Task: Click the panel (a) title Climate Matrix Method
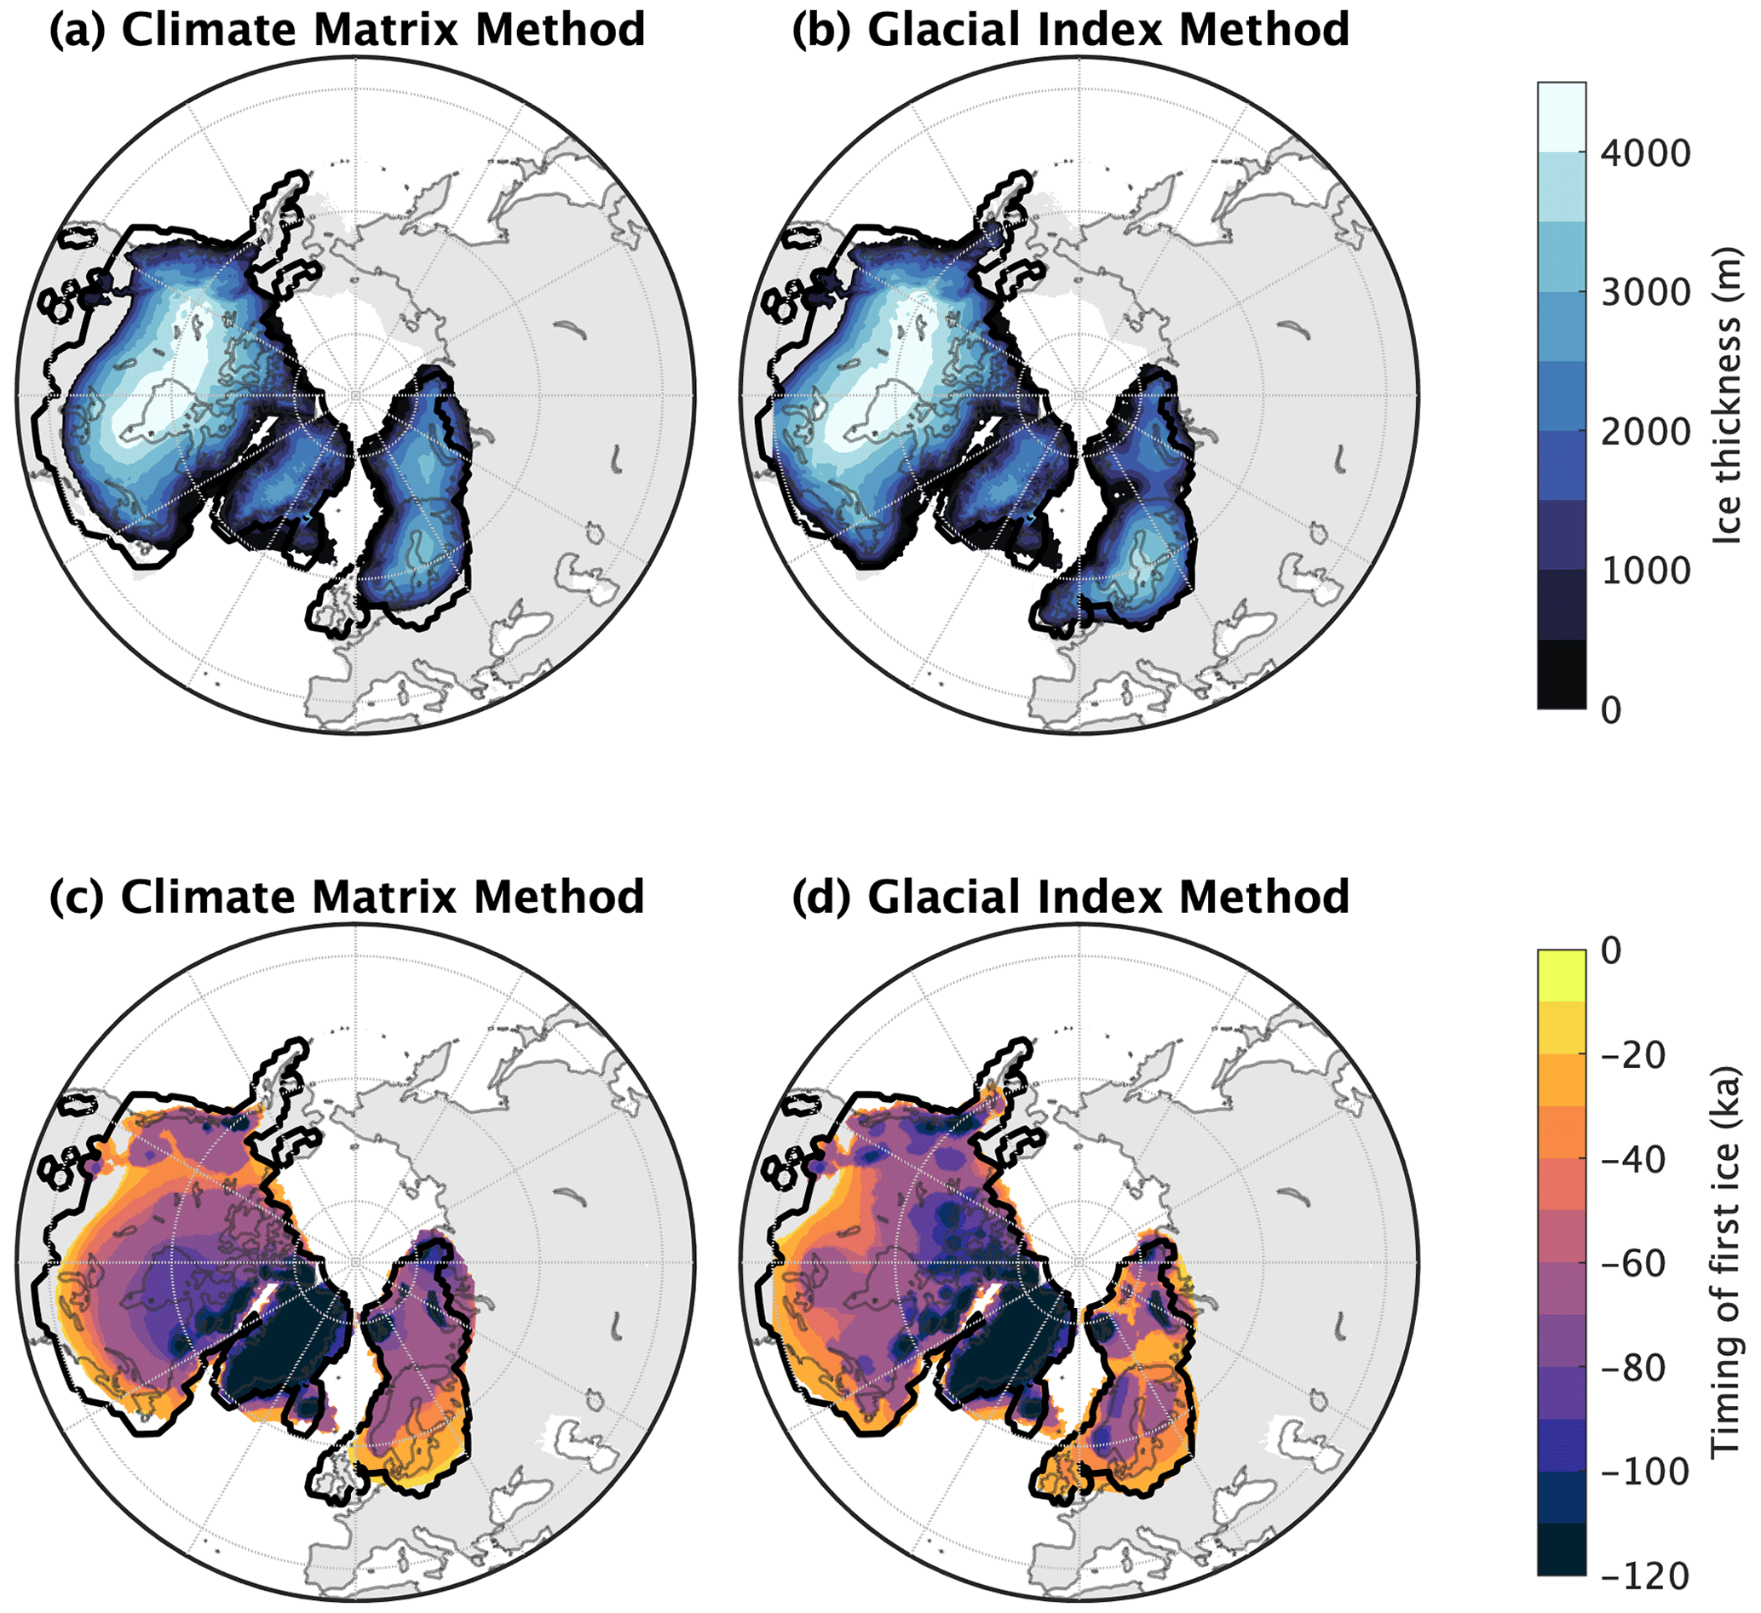tap(347, 30)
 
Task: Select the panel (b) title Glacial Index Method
tap(1070, 30)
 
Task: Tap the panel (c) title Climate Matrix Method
tap(347, 897)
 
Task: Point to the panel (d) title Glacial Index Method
tap(1070, 897)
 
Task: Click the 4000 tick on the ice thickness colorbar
tap(1646, 153)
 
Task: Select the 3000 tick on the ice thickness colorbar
tap(1646, 293)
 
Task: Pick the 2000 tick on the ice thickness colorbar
tap(1646, 432)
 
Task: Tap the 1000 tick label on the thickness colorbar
tap(1646, 571)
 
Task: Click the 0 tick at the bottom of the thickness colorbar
tap(1612, 711)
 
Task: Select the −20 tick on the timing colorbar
tap(1646, 1055)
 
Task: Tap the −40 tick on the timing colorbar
tap(1646, 1160)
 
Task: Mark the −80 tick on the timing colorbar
tap(1646, 1368)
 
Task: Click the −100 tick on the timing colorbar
tap(1646, 1472)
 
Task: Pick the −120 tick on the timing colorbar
tap(1646, 1576)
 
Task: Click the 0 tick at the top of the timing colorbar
tap(1612, 950)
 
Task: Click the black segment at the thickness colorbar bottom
tap(1561, 674)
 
